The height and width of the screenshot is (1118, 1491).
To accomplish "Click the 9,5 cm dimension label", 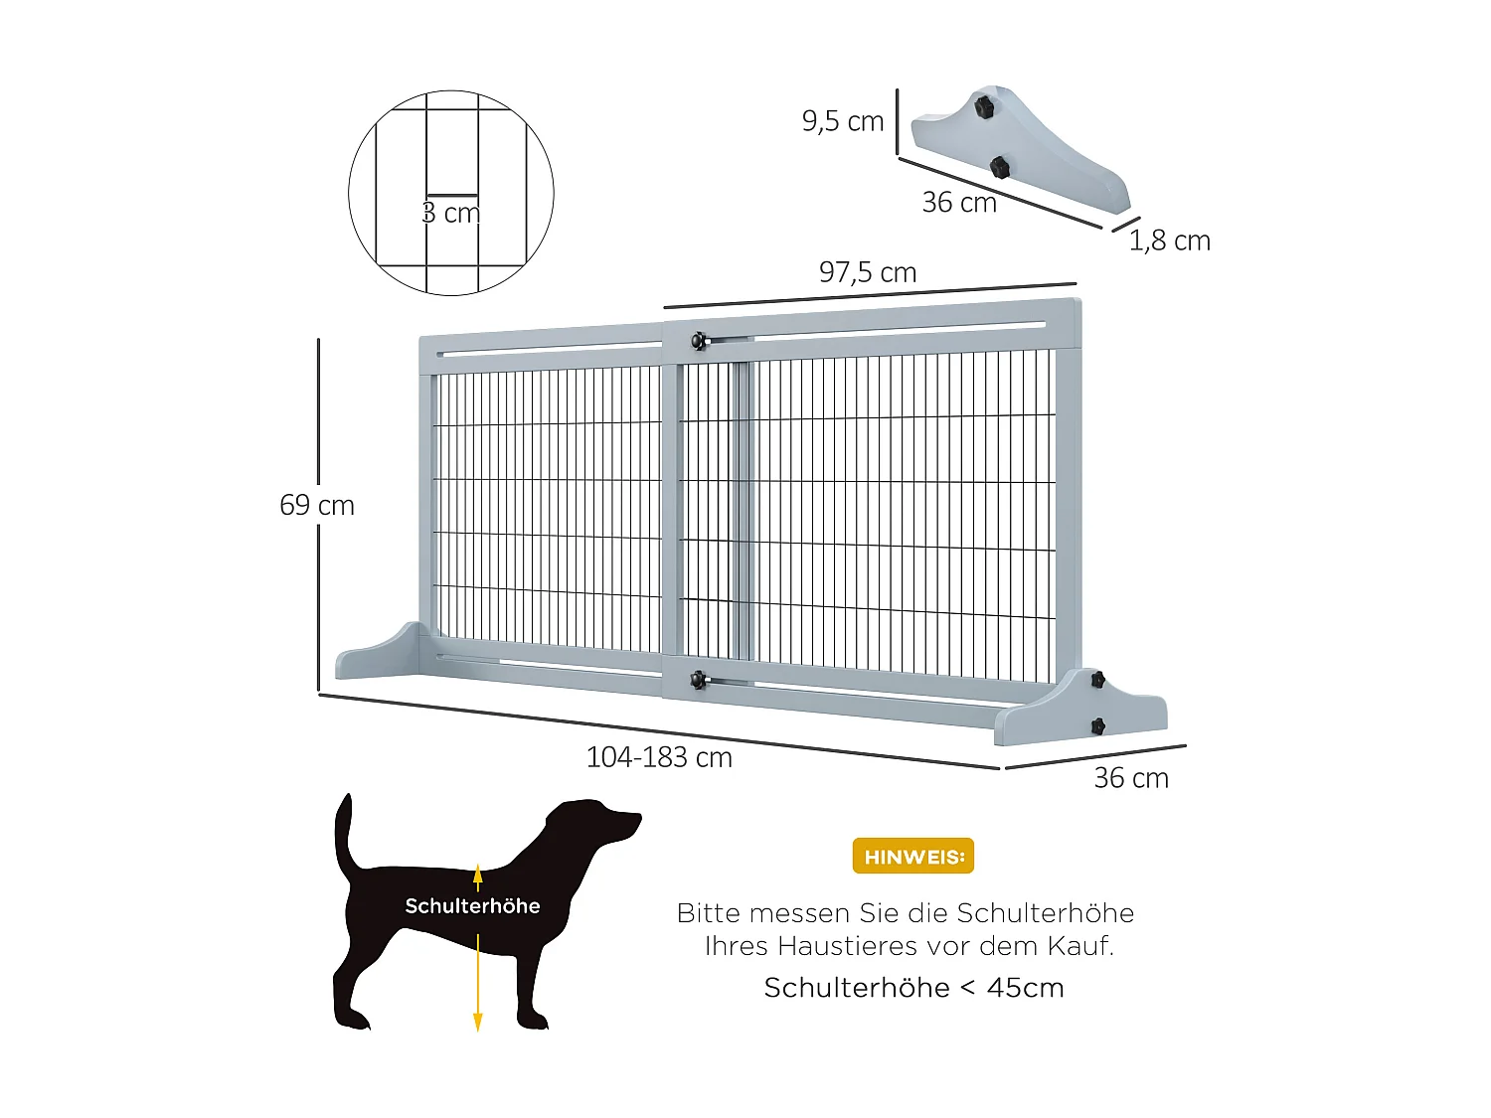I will [842, 121].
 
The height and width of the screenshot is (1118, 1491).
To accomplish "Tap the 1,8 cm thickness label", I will [1169, 240].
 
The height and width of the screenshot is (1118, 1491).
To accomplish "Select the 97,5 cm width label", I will [867, 272].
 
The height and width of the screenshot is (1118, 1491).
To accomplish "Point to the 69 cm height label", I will [316, 505].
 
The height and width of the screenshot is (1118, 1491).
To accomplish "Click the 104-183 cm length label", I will [658, 757].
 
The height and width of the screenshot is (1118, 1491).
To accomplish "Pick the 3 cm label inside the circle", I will [450, 213].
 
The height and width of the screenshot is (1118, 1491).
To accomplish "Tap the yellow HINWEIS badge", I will [912, 857].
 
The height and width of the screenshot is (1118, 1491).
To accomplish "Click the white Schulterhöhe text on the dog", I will [472, 906].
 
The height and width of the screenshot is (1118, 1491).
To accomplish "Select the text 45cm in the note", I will [1025, 988].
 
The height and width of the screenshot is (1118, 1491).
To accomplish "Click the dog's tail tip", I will [345, 798].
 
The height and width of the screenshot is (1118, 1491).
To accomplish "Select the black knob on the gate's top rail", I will [699, 341].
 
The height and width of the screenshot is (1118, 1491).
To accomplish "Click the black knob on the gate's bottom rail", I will [699, 680].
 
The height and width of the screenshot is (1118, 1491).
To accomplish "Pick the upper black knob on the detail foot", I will [983, 106].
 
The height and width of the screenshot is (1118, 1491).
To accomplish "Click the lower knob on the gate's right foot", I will [1097, 726].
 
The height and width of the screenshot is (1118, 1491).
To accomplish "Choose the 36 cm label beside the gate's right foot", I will [1130, 778].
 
